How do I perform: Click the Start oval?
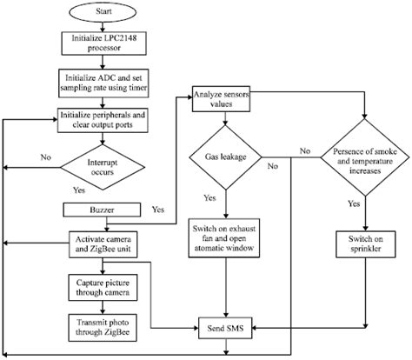pyautogui.click(x=103, y=11)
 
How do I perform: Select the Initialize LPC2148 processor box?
pyautogui.click(x=103, y=43)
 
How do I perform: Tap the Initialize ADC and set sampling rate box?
pyautogui.click(x=103, y=83)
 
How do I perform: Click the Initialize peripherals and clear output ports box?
pyautogui.click(x=103, y=120)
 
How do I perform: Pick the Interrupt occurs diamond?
pyautogui.click(x=103, y=167)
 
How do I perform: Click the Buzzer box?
pyautogui.click(x=102, y=210)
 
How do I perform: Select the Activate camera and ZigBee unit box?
pyautogui.click(x=103, y=244)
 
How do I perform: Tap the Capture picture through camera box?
pyautogui.click(x=103, y=288)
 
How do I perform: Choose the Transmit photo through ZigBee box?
pyautogui.click(x=103, y=328)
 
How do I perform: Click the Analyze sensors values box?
pyautogui.click(x=221, y=99)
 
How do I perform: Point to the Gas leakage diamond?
pyautogui.click(x=225, y=157)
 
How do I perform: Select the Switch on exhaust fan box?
pyautogui.click(x=224, y=238)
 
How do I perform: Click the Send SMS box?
pyautogui.click(x=225, y=328)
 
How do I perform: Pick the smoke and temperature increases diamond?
pyautogui.click(x=365, y=157)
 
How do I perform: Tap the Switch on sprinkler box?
pyautogui.click(x=366, y=244)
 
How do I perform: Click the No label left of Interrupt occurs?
pyautogui.click(x=46, y=157)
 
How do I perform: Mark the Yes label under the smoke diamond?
pyautogui.click(x=354, y=203)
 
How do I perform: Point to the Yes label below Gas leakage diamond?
pyautogui.click(x=209, y=198)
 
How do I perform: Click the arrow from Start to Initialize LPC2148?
pyautogui.click(x=103, y=27)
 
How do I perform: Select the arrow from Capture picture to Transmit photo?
pyautogui.click(x=103, y=308)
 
